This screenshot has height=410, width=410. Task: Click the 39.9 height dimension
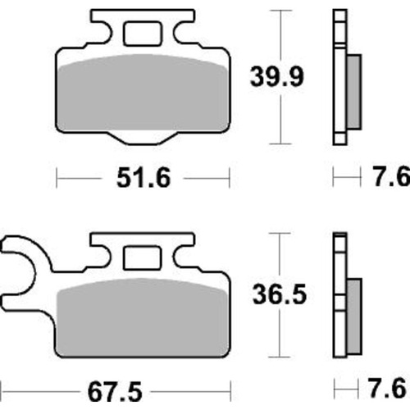point(277,77)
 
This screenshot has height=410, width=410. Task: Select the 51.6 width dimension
point(143,178)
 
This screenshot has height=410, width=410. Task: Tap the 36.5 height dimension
point(280,294)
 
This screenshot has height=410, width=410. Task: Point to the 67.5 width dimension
point(115,393)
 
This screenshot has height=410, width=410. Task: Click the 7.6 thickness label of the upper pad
point(391,177)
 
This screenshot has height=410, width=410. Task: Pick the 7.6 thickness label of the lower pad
point(387,388)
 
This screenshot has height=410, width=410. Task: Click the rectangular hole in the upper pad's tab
point(142,34)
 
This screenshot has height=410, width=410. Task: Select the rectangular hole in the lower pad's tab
point(142,257)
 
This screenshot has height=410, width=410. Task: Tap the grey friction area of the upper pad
point(143,93)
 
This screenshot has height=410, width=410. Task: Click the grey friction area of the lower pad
point(143,317)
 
